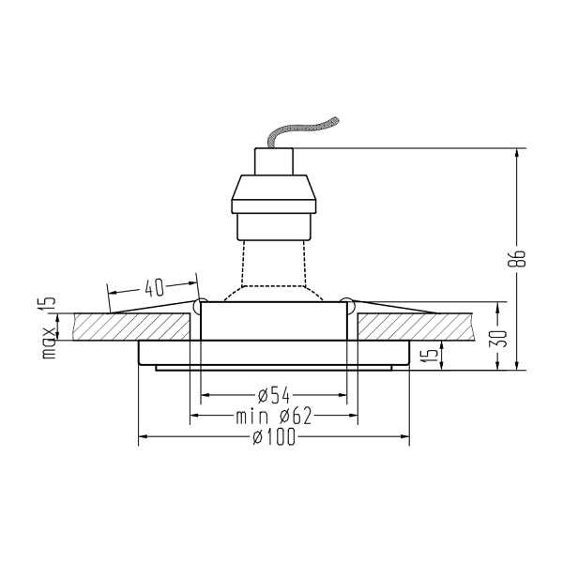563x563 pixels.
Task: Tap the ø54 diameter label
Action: pos(272,392)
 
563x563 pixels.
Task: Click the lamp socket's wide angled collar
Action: pos(273,195)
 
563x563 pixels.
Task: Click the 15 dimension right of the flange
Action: pos(428,355)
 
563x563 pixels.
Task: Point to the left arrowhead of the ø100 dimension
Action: pos(143,437)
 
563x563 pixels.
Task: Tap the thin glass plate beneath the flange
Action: pos(273,368)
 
